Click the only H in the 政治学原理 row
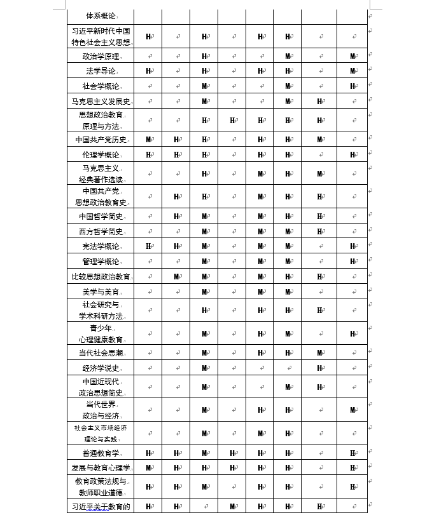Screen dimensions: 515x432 [x=205, y=57]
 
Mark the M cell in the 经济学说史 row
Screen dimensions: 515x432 [x=205, y=368]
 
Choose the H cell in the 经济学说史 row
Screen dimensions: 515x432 [x=320, y=368]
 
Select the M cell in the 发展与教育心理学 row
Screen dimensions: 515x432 [x=148, y=468]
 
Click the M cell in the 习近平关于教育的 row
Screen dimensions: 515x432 [x=233, y=506]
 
